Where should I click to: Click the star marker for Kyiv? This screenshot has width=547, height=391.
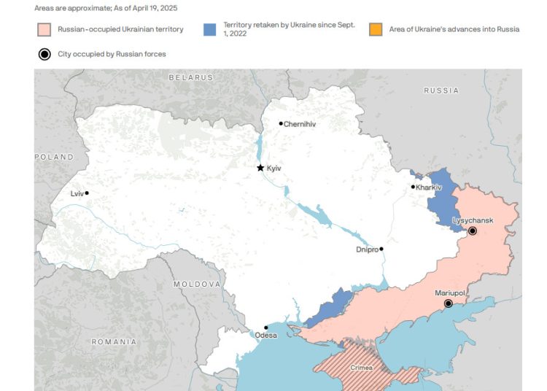[x=260, y=168]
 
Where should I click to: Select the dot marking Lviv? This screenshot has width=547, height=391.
[x=87, y=193]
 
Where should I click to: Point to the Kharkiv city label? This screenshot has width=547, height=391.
[x=430, y=187]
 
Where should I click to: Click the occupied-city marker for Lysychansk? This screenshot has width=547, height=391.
[x=472, y=231]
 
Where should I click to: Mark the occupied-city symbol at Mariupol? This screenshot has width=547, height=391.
[x=449, y=303]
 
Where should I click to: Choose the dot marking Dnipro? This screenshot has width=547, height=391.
[x=381, y=249]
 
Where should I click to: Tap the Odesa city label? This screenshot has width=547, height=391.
[x=265, y=336]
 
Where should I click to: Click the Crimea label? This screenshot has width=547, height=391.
[x=362, y=368]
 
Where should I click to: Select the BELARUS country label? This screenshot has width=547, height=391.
[x=190, y=77]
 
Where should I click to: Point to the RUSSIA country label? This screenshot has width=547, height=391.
[x=441, y=90]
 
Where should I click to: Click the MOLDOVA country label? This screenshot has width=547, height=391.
[x=196, y=284]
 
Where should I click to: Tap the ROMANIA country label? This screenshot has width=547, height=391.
[x=113, y=341]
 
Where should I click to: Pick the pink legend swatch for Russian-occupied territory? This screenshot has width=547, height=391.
[x=44, y=30]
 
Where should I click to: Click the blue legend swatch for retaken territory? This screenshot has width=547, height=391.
[x=210, y=30]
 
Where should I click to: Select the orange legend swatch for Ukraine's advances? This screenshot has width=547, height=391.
[x=376, y=30]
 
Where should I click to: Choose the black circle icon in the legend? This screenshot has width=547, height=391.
[x=44, y=54]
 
